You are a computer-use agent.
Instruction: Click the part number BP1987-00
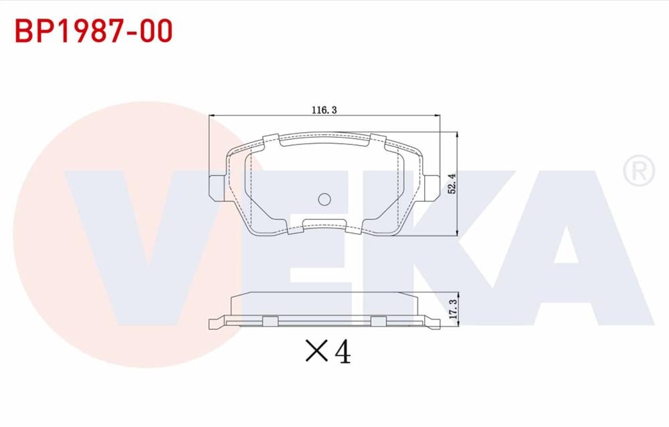(94, 31)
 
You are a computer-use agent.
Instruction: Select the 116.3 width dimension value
(324, 110)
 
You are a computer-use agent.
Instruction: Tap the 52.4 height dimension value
(452, 184)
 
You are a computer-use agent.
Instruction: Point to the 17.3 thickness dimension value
(453, 309)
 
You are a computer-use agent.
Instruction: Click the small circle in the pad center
(324, 199)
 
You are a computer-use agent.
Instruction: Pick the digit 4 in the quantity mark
(343, 352)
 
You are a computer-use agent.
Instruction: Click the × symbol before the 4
(316, 351)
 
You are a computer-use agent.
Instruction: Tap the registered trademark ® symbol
(639, 170)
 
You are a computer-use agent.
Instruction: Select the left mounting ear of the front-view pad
(217, 188)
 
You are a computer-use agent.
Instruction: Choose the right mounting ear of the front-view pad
(432, 188)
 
